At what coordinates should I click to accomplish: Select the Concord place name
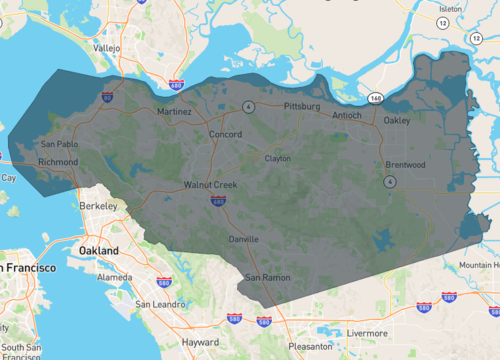point(225,134)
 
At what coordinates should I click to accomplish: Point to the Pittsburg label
point(301,105)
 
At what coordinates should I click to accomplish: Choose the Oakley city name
point(397,120)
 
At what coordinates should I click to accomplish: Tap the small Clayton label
point(277,158)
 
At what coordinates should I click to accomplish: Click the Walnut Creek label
point(210,185)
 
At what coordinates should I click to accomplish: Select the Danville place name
point(243,239)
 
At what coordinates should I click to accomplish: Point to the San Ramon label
point(267,276)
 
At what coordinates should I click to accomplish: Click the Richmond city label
point(57,161)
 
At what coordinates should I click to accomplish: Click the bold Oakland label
point(100,250)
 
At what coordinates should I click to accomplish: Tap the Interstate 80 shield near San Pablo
point(107,97)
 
